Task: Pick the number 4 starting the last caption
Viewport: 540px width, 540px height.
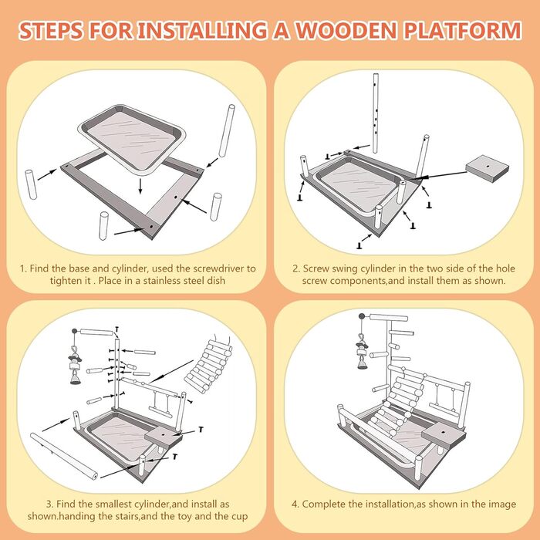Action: click(295, 504)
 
